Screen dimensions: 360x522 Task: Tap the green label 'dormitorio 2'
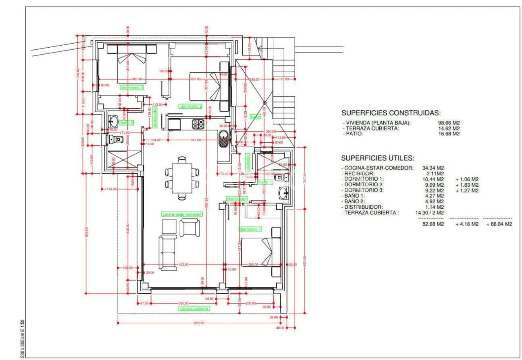pyautogui.click(x=191, y=106)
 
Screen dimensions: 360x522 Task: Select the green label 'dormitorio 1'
pyautogui.click(x=250, y=229)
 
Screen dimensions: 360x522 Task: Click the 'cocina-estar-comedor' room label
pyautogui.click(x=182, y=214)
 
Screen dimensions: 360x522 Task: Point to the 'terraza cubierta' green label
pyautogui.click(x=195, y=309)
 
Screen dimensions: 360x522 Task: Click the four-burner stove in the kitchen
pyautogui.click(x=198, y=124)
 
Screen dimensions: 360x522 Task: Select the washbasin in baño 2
pyautogui.click(x=113, y=121)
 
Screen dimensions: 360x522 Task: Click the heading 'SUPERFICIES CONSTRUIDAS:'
pyautogui.click(x=391, y=113)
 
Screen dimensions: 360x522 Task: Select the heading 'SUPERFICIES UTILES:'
pyautogui.click(x=378, y=158)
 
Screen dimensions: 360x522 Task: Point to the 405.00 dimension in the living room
pyautogui.click(x=184, y=265)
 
